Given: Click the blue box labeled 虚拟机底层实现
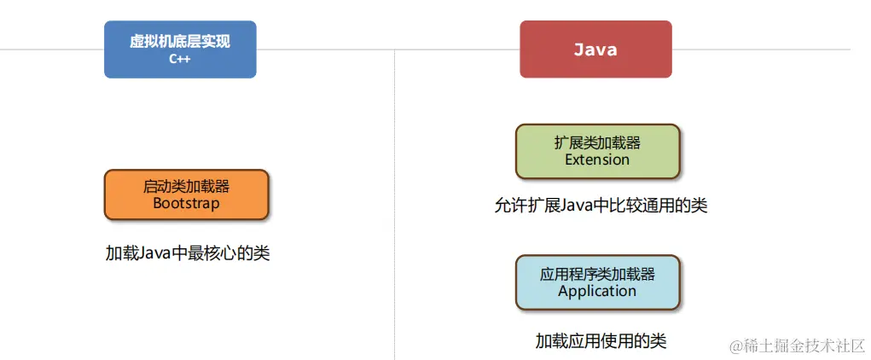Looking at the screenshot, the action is (180, 49).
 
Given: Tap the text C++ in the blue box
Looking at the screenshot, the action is (180, 60).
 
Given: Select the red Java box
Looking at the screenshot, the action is (595, 49).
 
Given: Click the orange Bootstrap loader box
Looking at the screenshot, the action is (186, 195).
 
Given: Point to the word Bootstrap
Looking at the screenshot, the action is (186, 204).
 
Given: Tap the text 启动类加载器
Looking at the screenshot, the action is (186, 186).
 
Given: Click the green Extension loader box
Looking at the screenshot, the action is (597, 151).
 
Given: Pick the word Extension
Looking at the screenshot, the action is (597, 160).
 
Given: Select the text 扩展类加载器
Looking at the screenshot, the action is (597, 142).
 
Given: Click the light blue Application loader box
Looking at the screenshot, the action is (597, 282).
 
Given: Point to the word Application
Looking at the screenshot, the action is (597, 291).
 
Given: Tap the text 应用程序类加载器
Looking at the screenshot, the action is (597, 274).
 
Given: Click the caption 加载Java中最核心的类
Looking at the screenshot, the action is (188, 253).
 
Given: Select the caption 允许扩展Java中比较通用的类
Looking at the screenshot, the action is (601, 206).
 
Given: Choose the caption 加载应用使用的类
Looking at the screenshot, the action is (601, 341).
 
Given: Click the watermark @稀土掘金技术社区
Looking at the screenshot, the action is (797, 345).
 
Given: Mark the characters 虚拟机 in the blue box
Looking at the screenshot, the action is (148, 41).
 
